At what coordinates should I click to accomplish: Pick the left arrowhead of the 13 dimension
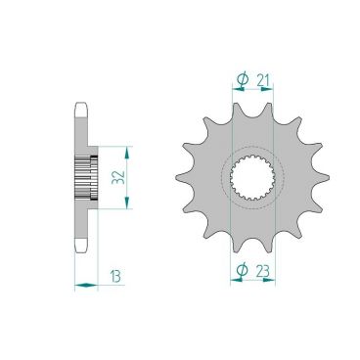[x=78, y=285]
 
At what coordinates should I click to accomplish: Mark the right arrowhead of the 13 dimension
[x=94, y=285]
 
